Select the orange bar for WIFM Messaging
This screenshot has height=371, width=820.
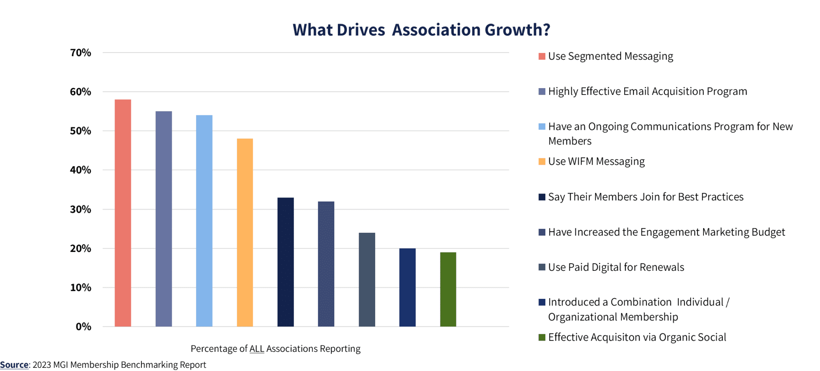(245, 232)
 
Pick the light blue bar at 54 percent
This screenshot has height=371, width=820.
(204, 221)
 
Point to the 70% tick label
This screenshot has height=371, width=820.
(80, 53)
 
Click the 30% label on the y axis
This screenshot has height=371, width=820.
(80, 210)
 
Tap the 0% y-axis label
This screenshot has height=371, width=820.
(83, 327)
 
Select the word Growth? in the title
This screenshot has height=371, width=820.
(517, 30)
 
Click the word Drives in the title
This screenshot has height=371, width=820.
(361, 30)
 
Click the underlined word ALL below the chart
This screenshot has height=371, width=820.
(257, 349)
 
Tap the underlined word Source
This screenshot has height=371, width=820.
(14, 365)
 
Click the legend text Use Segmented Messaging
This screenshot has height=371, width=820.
(610, 56)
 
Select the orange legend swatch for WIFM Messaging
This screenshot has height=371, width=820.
(542, 161)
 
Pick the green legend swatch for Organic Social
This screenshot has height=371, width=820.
(542, 337)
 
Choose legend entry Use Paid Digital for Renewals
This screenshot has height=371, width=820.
(616, 267)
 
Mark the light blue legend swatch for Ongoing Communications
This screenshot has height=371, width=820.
(542, 127)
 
